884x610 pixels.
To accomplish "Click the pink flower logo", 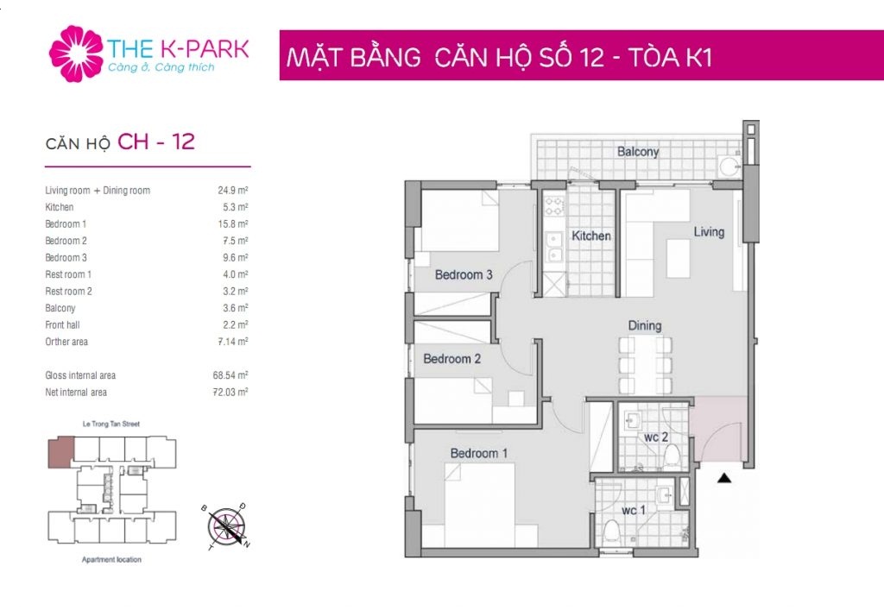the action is click(76, 53).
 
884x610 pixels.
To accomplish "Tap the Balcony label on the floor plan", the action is click(638, 152).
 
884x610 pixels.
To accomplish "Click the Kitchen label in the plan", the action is click(590, 236).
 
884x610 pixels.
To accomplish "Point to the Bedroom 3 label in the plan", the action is click(464, 275).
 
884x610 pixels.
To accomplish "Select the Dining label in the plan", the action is click(644, 325).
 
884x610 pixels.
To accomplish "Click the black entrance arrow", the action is click(724, 478).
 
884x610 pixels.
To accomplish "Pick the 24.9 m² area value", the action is click(233, 191).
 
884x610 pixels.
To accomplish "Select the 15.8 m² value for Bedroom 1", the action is click(233, 223).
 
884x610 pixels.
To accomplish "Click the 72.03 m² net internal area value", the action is click(230, 392).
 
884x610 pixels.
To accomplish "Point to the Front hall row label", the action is click(62, 325).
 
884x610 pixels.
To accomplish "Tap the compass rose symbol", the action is click(226, 526).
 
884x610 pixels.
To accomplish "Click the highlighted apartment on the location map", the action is click(61, 453).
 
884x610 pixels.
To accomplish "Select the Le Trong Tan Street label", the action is click(111, 424).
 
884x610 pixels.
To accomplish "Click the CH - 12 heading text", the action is click(156, 141).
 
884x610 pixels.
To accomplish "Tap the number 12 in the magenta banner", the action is click(590, 58).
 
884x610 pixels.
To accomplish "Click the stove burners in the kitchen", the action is click(553, 206).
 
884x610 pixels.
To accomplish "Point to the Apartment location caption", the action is click(111, 559).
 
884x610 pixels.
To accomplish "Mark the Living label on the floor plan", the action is click(709, 231).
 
